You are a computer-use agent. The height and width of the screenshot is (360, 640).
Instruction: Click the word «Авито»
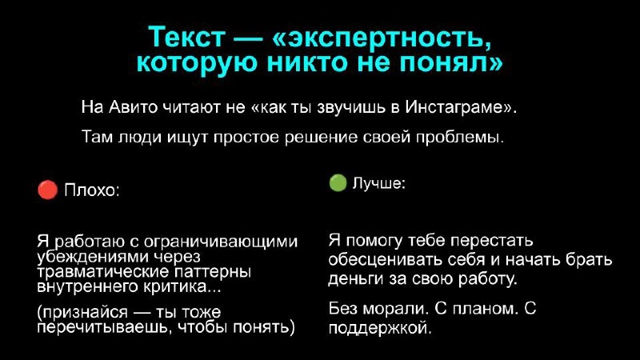(123, 106)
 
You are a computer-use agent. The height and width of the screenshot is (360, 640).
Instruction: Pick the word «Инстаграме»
(460, 106)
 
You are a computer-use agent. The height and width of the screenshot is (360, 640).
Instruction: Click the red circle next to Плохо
(47, 190)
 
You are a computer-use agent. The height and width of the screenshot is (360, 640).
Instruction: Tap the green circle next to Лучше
(338, 183)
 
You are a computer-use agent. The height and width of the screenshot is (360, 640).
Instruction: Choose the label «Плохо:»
(91, 190)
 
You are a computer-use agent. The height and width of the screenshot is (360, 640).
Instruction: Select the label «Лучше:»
(378, 184)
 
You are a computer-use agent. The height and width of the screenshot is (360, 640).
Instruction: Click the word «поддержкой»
(380, 326)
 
